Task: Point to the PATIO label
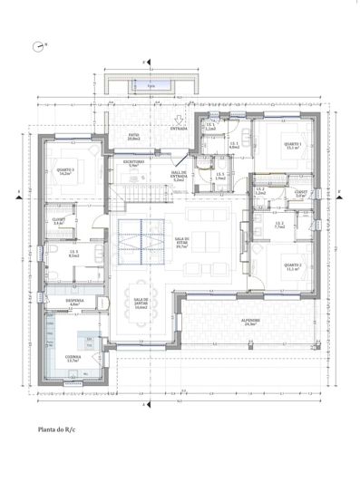pyautogui.click(x=133, y=137)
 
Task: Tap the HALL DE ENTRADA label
pyautogui.click(x=179, y=178)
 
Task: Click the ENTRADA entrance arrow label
pyautogui.click(x=178, y=128)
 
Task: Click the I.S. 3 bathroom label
pyautogui.click(x=73, y=255)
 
